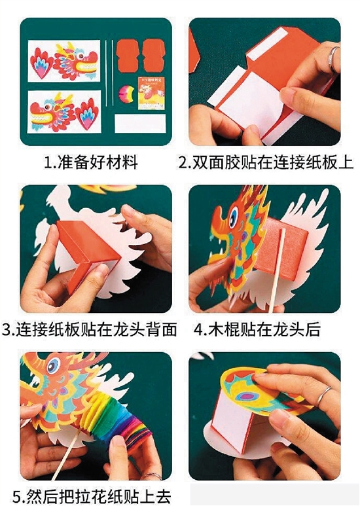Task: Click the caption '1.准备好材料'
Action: tap(90, 162)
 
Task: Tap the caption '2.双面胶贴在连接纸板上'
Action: tap(266, 162)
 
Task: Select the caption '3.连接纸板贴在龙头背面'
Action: tap(90, 329)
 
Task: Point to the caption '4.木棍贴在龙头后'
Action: tap(257, 329)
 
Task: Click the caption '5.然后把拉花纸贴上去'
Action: tap(92, 496)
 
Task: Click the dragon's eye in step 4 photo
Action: tap(233, 217)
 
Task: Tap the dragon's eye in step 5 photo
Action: tap(54, 366)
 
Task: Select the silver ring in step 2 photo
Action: tap(333, 59)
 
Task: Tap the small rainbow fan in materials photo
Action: tap(126, 93)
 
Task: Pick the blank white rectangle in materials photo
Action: tap(140, 123)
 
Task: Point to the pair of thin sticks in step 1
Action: tap(109, 73)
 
